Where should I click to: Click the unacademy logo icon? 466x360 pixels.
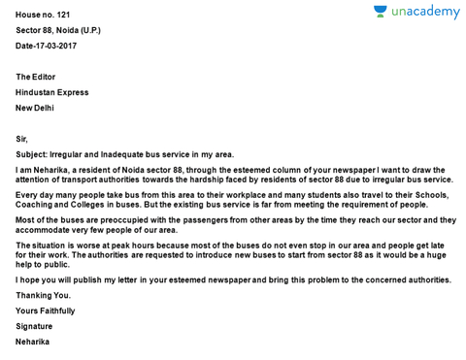click(x=382, y=12)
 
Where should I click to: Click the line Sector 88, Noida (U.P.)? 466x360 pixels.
click(x=57, y=30)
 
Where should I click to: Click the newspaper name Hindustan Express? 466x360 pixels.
click(x=51, y=92)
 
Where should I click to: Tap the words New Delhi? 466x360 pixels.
click(x=35, y=108)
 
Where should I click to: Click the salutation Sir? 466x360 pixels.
click(x=22, y=139)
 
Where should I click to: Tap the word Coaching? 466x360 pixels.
click(x=34, y=205)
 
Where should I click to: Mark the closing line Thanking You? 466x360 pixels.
click(x=43, y=295)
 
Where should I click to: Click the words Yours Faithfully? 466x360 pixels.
click(x=45, y=311)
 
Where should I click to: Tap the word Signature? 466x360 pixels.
click(x=34, y=326)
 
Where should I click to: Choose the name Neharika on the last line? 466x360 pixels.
click(x=33, y=342)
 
